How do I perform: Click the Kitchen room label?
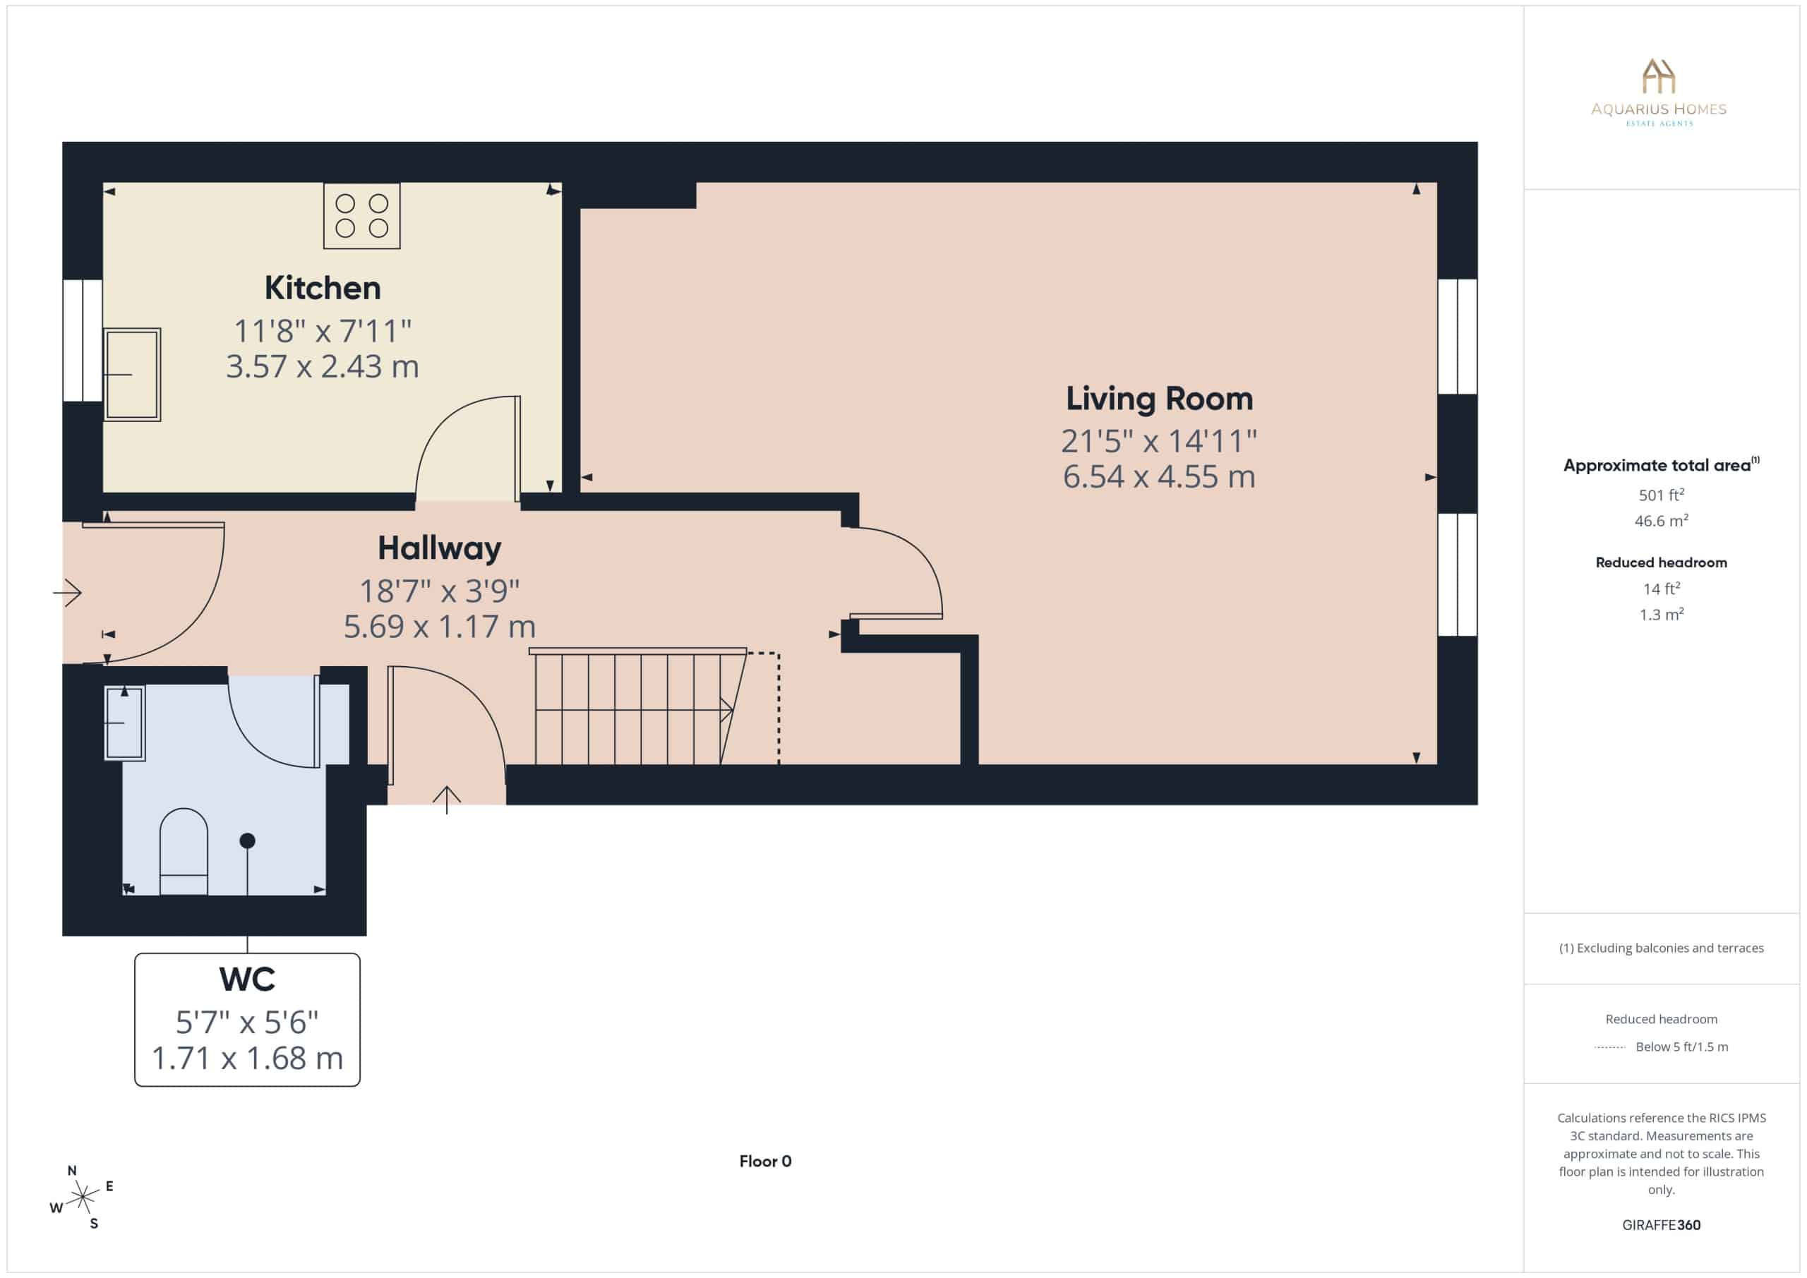[323, 288]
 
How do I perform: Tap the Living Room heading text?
[1159, 399]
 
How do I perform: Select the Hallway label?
[439, 548]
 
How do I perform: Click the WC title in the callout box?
[247, 979]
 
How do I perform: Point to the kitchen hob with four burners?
[362, 216]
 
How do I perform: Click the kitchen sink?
[131, 375]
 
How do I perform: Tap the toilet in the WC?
[184, 852]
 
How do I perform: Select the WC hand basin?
[124, 723]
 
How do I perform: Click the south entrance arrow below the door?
[446, 800]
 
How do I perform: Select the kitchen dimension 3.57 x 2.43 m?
[323, 367]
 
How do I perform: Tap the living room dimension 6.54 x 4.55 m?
[1159, 477]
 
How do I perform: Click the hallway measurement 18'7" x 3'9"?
[439, 591]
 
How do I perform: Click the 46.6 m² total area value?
[1662, 521]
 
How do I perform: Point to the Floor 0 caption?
[765, 1162]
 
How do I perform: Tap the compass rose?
[82, 1198]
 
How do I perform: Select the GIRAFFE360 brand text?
[1662, 1225]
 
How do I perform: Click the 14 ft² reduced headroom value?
[1662, 589]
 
